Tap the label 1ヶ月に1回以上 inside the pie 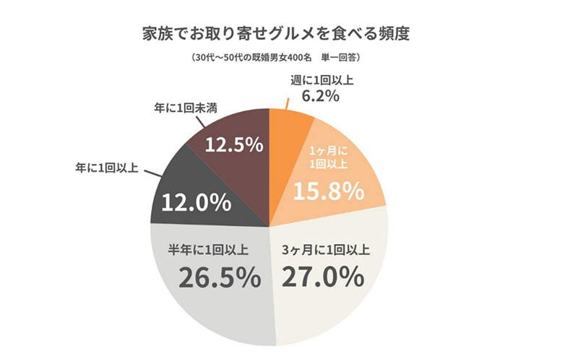click(x=324, y=157)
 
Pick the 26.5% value click(x=210, y=277)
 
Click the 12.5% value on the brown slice click(x=233, y=144)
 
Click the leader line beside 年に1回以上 click(x=155, y=174)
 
